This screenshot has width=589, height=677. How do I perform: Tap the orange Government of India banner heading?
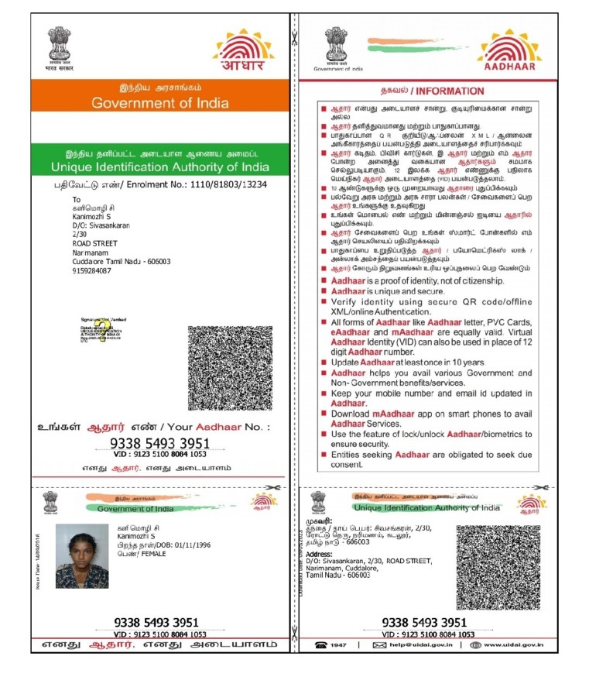[x=159, y=103]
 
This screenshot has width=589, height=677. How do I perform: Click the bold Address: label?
[x=319, y=555]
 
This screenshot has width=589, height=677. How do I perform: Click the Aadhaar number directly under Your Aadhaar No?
[x=160, y=443]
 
